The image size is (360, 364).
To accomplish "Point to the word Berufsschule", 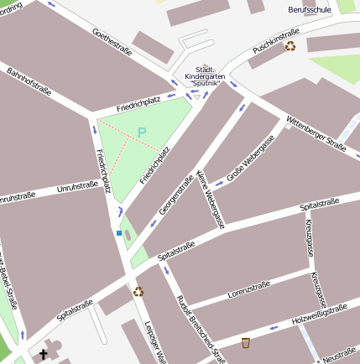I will pyautogui.click(x=308, y=10).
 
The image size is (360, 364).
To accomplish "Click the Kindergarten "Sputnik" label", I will pyautogui.click(x=205, y=76).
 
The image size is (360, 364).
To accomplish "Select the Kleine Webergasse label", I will pyautogui.click(x=211, y=199).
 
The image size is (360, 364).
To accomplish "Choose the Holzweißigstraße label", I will pyautogui.click(x=319, y=315).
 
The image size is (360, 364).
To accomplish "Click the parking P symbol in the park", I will pyautogui.click(x=142, y=132).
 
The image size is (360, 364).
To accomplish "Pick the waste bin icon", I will pyautogui.click(x=246, y=342).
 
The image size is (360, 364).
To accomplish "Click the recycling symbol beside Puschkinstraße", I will pyautogui.click(x=290, y=47).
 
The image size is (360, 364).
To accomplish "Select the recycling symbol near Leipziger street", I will pyautogui.click(x=138, y=292).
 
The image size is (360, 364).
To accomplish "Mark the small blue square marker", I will pyautogui.click(x=119, y=232).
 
